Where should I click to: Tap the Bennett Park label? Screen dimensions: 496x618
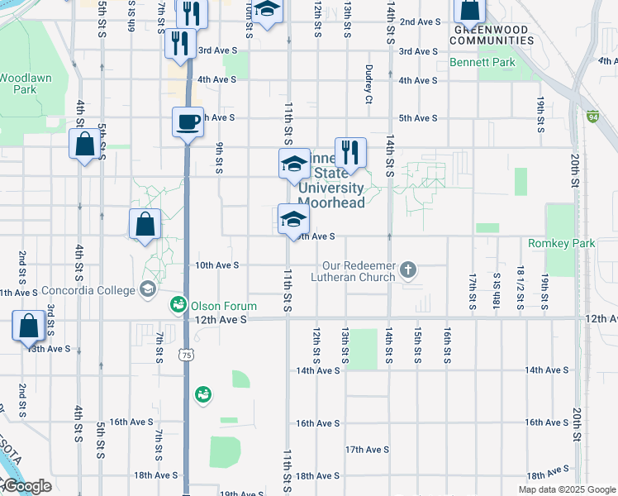[x=483, y=63]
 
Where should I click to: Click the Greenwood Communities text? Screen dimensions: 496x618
[x=492, y=35]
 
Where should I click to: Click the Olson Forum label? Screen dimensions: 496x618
[x=224, y=306]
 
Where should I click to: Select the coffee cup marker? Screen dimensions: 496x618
[x=188, y=122]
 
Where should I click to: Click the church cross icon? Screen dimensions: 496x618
[x=408, y=269]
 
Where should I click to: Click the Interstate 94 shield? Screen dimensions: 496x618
[x=592, y=117]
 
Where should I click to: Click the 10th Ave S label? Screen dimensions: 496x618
[x=216, y=265]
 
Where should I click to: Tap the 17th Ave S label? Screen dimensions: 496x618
[x=367, y=450]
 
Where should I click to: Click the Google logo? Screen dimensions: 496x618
[x=26, y=487]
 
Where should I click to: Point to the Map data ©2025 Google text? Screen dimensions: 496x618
[x=566, y=489]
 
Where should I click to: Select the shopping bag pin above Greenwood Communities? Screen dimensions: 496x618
[x=469, y=10]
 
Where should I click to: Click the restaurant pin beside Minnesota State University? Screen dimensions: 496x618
[x=350, y=152]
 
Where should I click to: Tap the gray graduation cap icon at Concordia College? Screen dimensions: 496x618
[x=148, y=289]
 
